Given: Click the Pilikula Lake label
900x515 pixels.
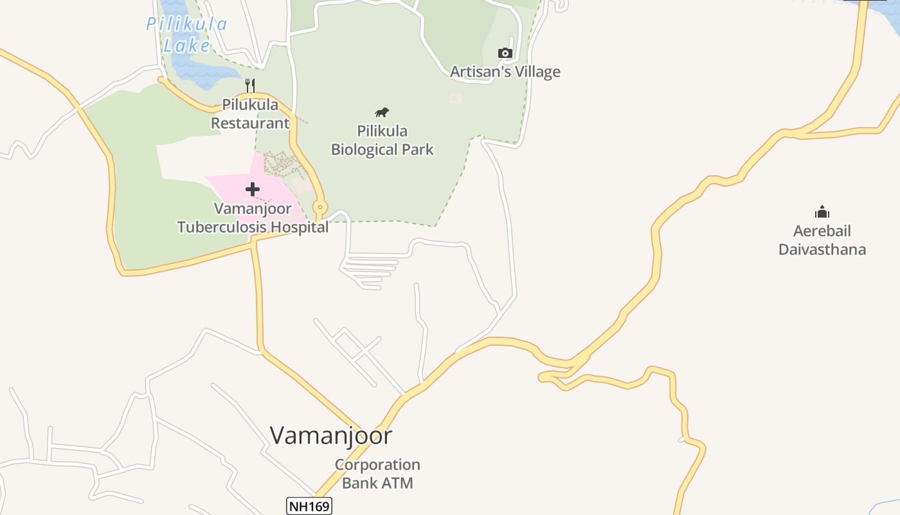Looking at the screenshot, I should pos(186,34).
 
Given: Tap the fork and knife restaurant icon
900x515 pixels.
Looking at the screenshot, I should pos(251,85).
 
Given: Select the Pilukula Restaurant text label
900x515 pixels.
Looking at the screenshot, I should pos(250,113).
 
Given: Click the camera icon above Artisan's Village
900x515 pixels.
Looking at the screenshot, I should pos(505,53).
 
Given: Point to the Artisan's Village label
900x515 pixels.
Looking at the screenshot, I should pos(505,71).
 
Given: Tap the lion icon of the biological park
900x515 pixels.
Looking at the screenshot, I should pos(382,113).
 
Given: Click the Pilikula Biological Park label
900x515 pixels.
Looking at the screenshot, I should pos(382,140).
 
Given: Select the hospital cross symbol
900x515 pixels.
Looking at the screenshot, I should pos(253,189).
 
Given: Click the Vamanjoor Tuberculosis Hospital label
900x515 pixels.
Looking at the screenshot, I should pos(253,218).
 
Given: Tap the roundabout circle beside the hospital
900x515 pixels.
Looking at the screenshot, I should pos(319,207).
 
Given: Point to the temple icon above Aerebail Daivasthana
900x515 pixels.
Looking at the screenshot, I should pos(822,212).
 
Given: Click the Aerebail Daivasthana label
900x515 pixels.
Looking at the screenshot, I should pos(822,240).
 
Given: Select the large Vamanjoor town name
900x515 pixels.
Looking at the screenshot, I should pos(330,436).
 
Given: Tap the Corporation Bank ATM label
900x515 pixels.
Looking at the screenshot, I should pos(377,474).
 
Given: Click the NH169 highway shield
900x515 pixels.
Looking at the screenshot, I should pos(309,507).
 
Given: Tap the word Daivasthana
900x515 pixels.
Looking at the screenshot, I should pos(822,250).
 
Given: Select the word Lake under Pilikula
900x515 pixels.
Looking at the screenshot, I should pos(186,46).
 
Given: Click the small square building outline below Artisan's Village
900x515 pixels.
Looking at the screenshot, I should pos(456,98).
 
